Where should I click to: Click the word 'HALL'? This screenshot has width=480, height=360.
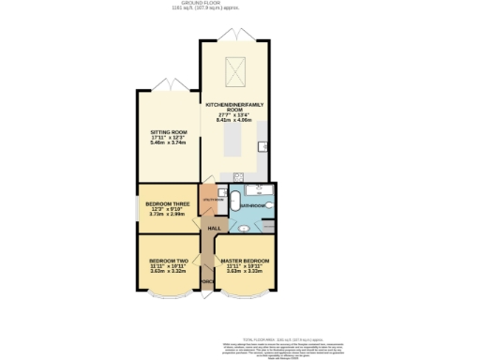[214, 229]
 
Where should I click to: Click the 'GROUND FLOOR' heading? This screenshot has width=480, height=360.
[239, 4]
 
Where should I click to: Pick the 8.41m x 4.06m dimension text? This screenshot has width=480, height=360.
[236, 120]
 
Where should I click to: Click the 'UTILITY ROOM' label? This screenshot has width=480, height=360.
[213, 199]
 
